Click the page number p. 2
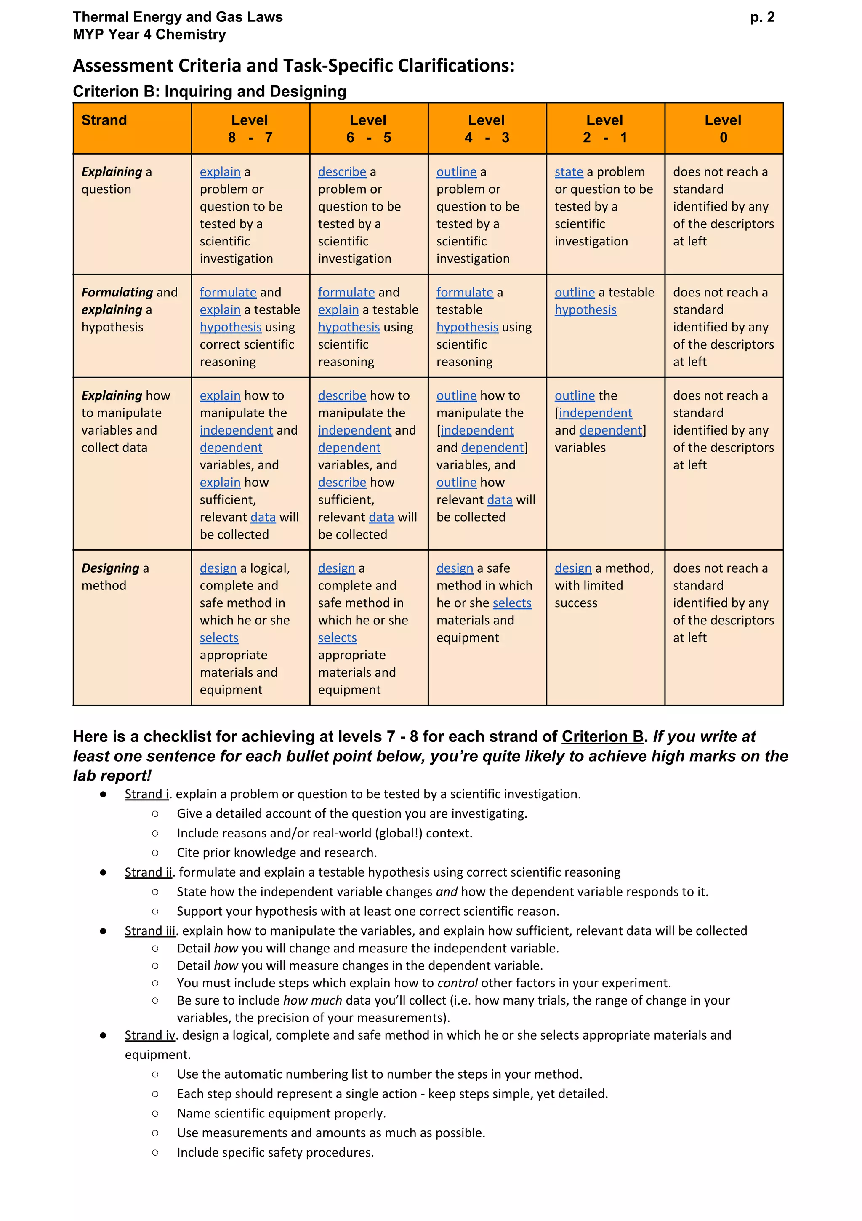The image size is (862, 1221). coord(762,18)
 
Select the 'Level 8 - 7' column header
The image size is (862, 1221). coord(250,129)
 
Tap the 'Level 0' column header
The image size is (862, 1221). coord(723,129)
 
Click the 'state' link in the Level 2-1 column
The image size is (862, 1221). coord(569,172)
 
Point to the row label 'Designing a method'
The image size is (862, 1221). coord(115,576)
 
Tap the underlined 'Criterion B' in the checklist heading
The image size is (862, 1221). coord(602,736)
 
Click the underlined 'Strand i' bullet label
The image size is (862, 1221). coord(146,794)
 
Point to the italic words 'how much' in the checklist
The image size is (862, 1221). coord(312,1000)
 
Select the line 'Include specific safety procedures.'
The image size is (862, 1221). coord(275,1152)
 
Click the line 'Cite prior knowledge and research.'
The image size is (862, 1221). coord(277,853)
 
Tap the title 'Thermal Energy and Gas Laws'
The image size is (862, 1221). coord(178,17)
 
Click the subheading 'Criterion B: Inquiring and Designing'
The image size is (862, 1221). coord(210,91)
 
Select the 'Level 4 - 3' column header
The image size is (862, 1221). coord(487,129)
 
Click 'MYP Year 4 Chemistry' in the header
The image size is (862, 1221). coord(149,35)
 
